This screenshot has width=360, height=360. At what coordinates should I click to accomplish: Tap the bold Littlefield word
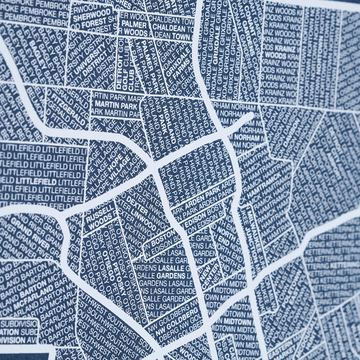(36, 179)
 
